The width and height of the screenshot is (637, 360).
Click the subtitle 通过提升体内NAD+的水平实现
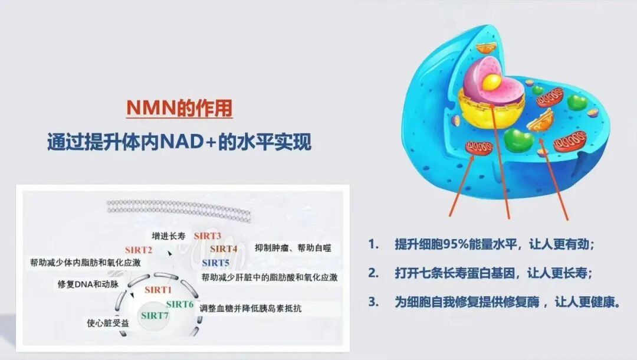(179, 142)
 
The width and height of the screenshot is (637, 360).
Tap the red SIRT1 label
(158, 290)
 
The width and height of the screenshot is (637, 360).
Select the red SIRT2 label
(139, 250)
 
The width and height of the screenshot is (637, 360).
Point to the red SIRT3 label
(208, 236)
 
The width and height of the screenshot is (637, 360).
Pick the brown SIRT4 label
(224, 248)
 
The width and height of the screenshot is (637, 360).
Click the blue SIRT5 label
(215, 263)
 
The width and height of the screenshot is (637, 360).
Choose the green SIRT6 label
(179, 304)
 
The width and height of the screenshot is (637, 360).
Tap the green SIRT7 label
(155, 316)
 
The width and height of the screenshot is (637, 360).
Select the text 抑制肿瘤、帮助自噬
(293, 248)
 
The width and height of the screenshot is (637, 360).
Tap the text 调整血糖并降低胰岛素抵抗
(251, 308)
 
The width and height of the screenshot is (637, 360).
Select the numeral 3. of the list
(373, 302)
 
